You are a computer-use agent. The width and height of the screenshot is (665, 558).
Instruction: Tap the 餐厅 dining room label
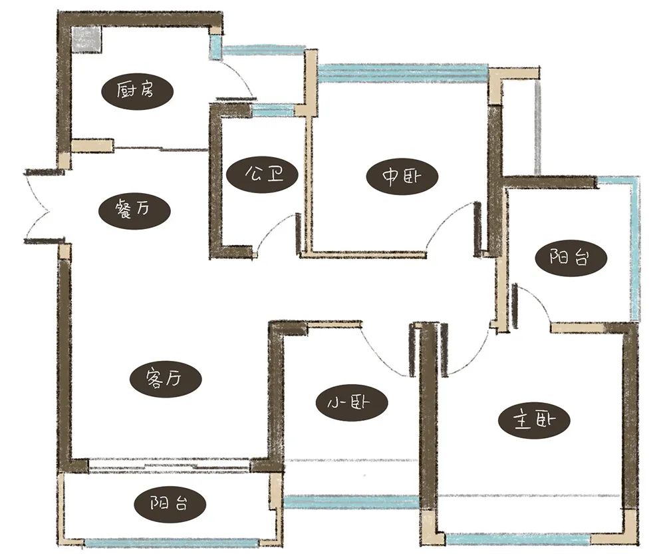(134, 209)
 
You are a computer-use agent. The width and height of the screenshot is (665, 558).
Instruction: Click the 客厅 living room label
(165, 377)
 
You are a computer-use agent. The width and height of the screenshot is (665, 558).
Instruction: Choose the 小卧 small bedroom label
(352, 403)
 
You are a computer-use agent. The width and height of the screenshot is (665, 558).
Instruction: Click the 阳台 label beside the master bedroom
(571, 257)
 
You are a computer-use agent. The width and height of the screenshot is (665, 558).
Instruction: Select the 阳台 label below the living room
(170, 504)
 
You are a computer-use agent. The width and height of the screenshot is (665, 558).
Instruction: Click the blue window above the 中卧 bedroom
(402, 72)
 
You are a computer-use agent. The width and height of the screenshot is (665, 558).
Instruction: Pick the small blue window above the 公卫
(273, 111)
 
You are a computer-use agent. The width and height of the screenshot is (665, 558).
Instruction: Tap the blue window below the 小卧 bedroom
(352, 501)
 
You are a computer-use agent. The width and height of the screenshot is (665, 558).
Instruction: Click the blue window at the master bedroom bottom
(518, 539)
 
